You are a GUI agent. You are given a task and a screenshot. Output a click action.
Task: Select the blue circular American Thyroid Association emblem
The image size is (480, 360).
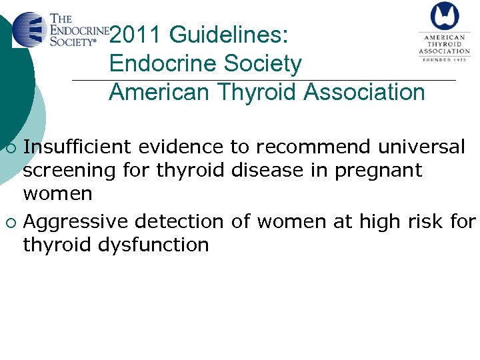click(x=444, y=17)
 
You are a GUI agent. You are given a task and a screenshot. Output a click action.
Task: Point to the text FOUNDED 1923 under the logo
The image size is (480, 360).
click(x=445, y=59)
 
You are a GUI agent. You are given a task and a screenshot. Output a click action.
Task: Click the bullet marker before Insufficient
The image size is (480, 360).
click(x=9, y=147)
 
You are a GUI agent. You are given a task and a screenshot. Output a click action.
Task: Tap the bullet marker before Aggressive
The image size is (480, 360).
click(x=9, y=221)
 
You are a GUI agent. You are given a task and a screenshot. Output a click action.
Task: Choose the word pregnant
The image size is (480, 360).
click(x=379, y=171)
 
